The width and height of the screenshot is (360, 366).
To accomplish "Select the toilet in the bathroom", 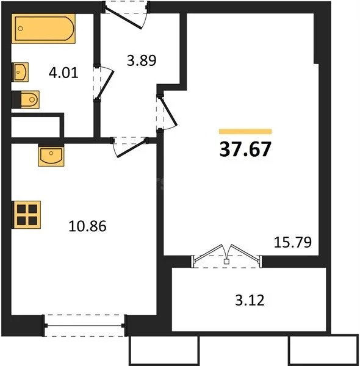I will pos(26,99).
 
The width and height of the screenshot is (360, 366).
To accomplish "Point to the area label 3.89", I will pos(139,60).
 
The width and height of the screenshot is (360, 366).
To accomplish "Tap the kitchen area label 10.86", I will pos(89,226).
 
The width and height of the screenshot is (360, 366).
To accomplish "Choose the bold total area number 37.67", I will pos(245,149).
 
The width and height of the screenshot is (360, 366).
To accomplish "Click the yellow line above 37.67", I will pos(245,131).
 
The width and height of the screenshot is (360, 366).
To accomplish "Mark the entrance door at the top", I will pos(126,13).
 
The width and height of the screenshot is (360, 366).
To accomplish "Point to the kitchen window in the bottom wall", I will pos(85,325).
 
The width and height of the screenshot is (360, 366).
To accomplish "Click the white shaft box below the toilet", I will pos(35,127).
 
